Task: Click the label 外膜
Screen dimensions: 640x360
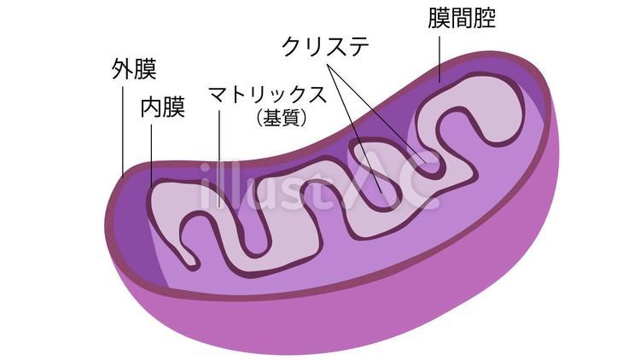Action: click(x=134, y=69)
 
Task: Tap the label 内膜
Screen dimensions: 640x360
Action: click(x=162, y=107)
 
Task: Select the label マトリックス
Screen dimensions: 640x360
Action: click(x=268, y=95)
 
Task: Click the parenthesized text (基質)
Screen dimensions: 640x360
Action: click(x=282, y=118)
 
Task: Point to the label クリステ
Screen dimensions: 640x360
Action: click(x=325, y=46)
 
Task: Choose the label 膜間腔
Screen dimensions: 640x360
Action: click(x=462, y=18)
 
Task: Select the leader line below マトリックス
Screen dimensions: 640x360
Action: click(x=219, y=160)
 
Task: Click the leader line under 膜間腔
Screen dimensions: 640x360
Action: click(x=439, y=59)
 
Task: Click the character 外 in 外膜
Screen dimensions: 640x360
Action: click(x=122, y=69)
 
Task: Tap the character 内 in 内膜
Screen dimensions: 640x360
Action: click(x=151, y=107)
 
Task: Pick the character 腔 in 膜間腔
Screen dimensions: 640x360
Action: click(x=486, y=18)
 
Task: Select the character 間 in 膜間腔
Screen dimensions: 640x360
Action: click(x=462, y=18)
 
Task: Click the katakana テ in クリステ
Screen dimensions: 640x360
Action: click(x=358, y=47)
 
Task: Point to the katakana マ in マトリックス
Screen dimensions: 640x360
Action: click(x=218, y=95)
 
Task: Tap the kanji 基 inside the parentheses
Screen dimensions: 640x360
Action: click(x=272, y=118)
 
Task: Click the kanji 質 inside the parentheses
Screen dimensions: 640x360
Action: click(x=291, y=118)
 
